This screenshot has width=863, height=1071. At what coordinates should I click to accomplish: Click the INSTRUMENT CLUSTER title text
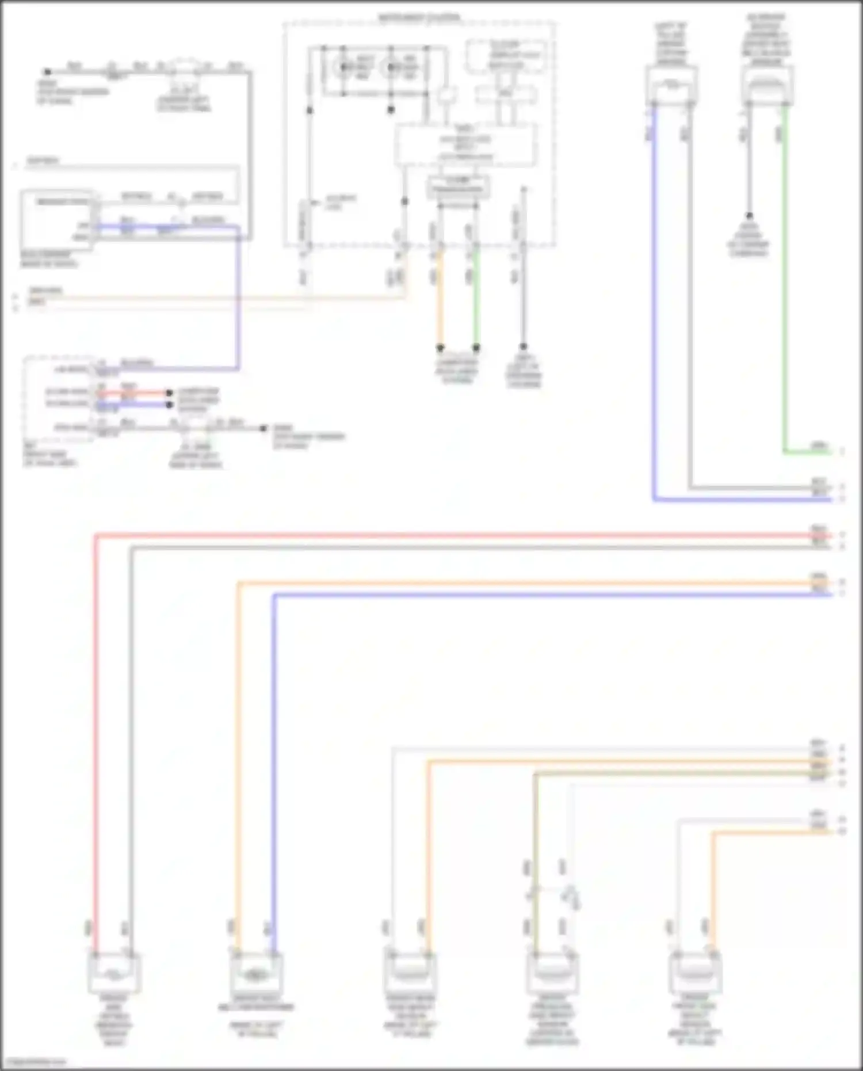pos(419,18)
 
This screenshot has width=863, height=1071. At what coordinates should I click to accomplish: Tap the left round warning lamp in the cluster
pos(344,67)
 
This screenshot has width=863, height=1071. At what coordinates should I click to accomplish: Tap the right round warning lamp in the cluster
pos(392,67)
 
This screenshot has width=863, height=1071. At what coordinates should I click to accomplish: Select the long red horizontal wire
pos(460,536)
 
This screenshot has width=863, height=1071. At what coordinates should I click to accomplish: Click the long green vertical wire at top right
pos(785,276)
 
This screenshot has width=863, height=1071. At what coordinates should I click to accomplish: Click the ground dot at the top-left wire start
pos(48,72)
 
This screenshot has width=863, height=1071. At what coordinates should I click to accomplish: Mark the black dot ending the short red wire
pos(169,393)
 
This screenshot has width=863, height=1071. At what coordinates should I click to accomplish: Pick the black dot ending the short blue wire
pos(169,405)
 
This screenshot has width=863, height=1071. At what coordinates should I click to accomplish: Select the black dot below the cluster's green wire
pos(476,348)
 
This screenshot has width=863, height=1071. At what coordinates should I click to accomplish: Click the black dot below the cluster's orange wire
pos(440,348)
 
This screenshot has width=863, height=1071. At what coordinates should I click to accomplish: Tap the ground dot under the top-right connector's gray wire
pos(749,216)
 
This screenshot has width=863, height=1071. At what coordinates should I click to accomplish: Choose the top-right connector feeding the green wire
pos(767,86)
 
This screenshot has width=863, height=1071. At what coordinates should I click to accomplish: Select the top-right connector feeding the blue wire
pos(671,86)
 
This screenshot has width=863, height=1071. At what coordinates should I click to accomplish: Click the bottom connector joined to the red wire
pos(114,973)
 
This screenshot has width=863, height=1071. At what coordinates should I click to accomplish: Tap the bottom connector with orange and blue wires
pos(256,973)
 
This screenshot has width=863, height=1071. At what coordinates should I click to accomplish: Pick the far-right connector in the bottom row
pos(695,973)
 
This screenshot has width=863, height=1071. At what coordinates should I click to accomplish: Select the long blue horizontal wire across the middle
pos(552,594)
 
